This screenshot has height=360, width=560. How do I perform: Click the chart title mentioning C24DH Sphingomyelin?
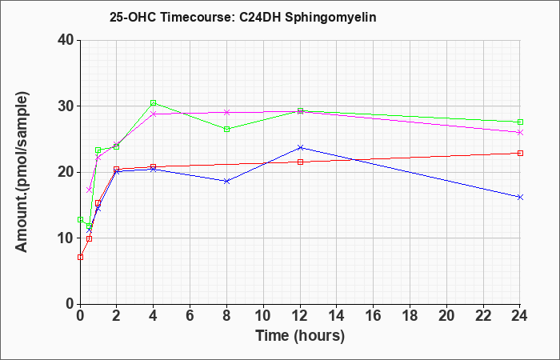click(243, 18)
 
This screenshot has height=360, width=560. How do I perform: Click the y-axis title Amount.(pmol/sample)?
click(22, 172)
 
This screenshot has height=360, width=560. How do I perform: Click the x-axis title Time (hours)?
click(300, 336)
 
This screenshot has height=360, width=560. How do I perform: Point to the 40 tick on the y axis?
click(66, 40)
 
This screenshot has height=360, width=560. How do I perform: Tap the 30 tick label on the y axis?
click(66, 106)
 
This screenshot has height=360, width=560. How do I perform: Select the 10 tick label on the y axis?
click(66, 238)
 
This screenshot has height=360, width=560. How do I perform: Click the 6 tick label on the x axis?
click(190, 316)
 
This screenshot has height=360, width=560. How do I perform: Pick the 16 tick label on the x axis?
click(373, 316)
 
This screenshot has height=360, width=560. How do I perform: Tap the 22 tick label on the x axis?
click(483, 316)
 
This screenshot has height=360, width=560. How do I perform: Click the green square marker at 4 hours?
click(154, 103)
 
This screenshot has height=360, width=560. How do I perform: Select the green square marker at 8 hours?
click(226, 130)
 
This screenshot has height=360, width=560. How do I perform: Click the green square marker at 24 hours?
click(520, 122)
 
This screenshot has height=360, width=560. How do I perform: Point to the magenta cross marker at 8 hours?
click(226, 112)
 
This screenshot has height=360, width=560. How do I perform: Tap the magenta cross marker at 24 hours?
click(520, 133)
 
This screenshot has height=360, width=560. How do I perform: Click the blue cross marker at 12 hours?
click(300, 147)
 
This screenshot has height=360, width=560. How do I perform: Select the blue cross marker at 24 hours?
click(520, 197)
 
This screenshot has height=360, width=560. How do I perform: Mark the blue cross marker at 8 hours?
click(226, 181)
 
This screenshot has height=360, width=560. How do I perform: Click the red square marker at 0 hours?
click(80, 257)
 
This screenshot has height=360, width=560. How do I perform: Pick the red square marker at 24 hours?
click(520, 154)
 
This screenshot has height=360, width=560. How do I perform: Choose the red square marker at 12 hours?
click(300, 162)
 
